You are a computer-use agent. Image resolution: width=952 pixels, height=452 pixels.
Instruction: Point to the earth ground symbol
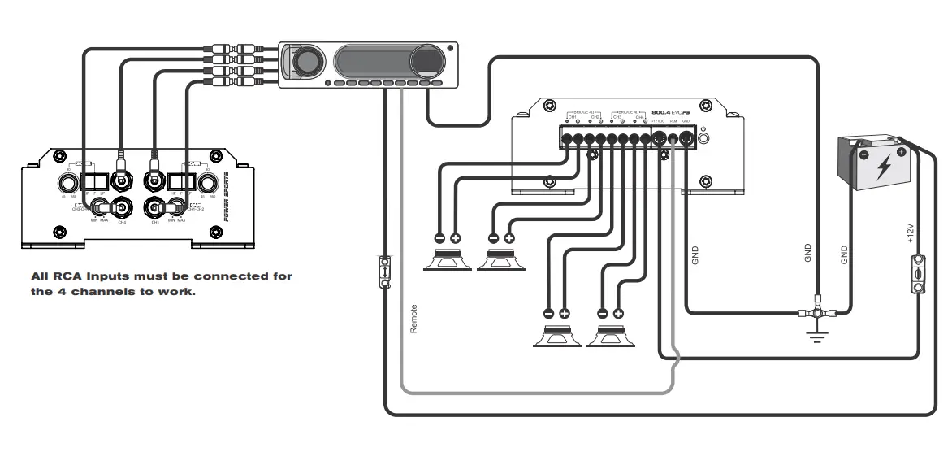(x=817, y=335)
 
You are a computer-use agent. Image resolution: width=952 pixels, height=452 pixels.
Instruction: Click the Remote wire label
(x=413, y=319)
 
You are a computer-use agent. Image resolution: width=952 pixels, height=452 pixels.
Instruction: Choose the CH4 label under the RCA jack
(x=122, y=221)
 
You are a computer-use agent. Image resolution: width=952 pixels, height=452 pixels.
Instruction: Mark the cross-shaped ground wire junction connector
(x=817, y=311)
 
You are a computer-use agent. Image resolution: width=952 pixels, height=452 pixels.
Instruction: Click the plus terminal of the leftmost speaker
(x=456, y=238)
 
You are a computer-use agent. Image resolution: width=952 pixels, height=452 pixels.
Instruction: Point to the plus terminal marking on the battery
(x=900, y=151)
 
